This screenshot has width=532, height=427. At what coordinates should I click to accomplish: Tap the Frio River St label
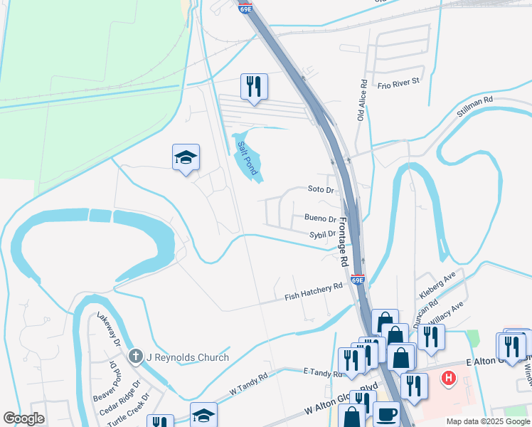pyautogui.click(x=400, y=82)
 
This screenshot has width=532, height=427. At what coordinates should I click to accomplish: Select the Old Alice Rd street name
pyautogui.click(x=362, y=99)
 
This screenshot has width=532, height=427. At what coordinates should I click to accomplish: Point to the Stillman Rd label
pyautogui.click(x=476, y=107)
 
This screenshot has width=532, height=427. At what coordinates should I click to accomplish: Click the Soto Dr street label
pyautogui.click(x=321, y=190)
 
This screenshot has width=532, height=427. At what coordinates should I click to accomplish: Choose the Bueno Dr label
pyautogui.click(x=320, y=219)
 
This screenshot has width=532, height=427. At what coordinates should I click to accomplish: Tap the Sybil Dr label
pyautogui.click(x=321, y=233)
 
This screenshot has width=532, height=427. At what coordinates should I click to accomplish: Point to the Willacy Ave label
pyautogui.click(x=447, y=310)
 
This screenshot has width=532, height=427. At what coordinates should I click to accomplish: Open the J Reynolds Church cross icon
pyautogui.click(x=135, y=357)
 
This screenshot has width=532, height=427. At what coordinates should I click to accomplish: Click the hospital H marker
pyautogui.click(x=448, y=377)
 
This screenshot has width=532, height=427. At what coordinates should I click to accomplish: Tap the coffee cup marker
pyautogui.click(x=385, y=414)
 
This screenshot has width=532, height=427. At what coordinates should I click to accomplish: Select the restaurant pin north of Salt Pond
pyautogui.click(x=254, y=87)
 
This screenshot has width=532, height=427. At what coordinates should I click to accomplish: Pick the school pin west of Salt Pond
pyautogui.click(x=186, y=158)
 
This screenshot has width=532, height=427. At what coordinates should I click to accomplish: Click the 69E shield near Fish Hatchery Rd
pyautogui.click(x=358, y=280)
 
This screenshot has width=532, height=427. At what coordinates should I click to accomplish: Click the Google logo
pyautogui.click(x=23, y=418)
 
